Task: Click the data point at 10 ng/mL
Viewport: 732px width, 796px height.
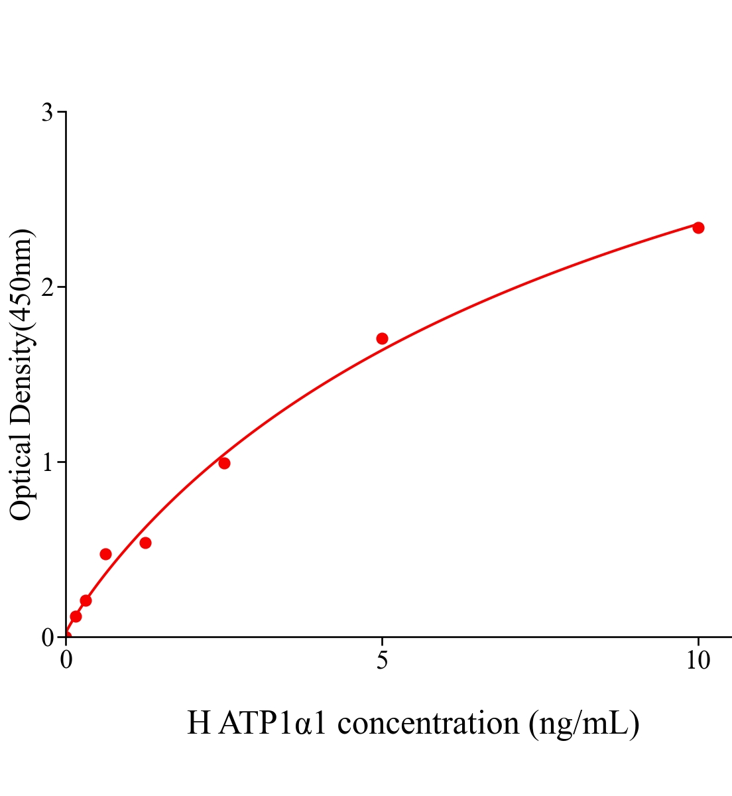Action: pos(698,228)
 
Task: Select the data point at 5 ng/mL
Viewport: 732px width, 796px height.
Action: pos(382,338)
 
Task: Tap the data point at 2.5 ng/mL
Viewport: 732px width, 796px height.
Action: pos(224,463)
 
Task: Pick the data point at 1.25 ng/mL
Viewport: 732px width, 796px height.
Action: pos(145,543)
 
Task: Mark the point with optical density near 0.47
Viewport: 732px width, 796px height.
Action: pos(105,554)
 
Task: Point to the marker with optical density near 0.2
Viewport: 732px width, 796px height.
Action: pos(86,600)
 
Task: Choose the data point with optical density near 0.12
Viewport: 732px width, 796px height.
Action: pos(76,616)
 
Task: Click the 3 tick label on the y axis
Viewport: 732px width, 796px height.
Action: pos(47,113)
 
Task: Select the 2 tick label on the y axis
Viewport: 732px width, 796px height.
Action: pos(47,287)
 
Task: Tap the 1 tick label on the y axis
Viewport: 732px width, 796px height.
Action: pos(47,462)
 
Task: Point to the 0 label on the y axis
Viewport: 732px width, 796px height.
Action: pos(47,637)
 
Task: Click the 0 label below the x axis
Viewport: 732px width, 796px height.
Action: pos(66,661)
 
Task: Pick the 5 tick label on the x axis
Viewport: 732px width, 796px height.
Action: pos(382,661)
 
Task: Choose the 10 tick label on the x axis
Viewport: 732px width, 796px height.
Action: pos(698,661)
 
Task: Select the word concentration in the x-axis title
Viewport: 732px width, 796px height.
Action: pos(428,723)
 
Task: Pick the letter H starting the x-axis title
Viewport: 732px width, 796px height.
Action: pos(198,723)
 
